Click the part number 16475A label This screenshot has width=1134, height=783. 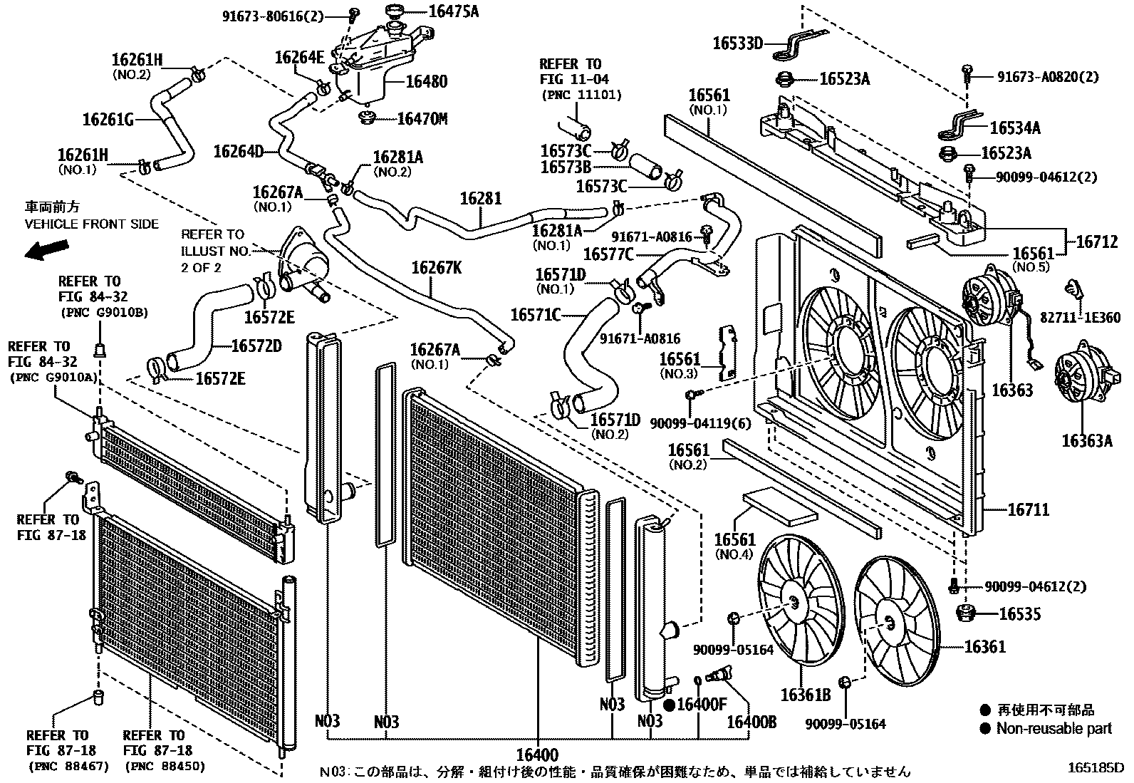click(x=454, y=11)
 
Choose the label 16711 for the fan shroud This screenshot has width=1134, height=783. click(x=1029, y=509)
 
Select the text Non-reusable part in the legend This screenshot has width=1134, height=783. click(x=1054, y=728)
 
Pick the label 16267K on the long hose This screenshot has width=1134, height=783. click(x=436, y=268)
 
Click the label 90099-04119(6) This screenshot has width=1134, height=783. click(x=700, y=423)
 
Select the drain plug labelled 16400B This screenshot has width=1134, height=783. click(x=716, y=674)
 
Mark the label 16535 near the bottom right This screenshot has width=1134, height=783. click(x=1019, y=613)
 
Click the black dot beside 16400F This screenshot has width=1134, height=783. click(x=669, y=705)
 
